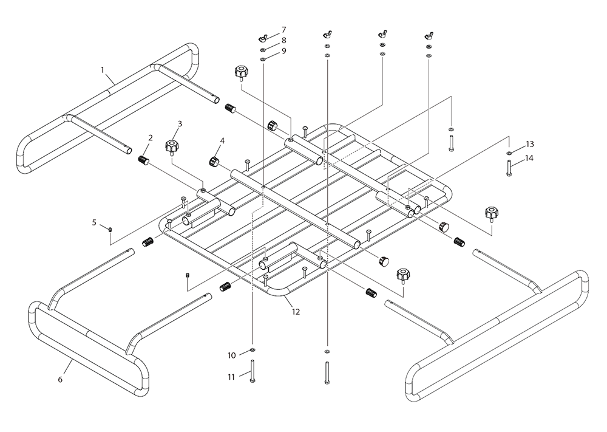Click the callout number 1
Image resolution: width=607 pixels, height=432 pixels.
point(102,70)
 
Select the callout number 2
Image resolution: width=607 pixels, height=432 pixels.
point(149,138)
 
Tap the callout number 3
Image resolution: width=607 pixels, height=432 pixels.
point(180,123)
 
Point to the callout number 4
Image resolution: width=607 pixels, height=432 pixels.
point(222,140)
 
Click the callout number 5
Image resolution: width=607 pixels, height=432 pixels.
point(94,222)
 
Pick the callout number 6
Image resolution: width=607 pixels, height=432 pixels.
point(59,379)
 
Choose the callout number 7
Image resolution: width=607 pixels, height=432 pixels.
point(283,30)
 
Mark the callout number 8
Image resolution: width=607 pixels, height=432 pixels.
point(283,40)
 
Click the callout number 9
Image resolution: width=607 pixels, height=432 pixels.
point(283,51)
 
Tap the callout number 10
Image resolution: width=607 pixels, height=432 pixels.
point(231,355)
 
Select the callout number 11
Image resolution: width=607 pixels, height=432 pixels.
point(231,377)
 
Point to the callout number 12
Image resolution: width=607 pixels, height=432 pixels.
point(296,312)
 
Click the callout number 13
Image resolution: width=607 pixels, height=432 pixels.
point(530,144)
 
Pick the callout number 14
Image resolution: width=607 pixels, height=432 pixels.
point(530,158)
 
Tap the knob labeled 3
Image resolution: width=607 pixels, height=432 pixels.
point(171,146)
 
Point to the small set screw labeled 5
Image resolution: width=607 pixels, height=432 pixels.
point(110,229)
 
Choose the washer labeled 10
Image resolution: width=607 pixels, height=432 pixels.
point(252,351)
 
